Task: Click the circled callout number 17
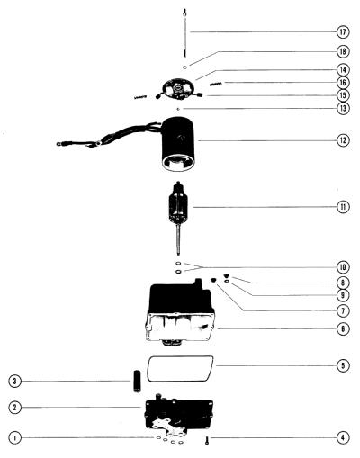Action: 343,32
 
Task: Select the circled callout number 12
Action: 343,140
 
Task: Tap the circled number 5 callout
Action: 343,365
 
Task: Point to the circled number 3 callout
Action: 15,382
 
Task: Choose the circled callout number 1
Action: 15,438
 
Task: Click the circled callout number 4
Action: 343,438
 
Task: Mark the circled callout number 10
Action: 343,267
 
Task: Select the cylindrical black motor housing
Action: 178,144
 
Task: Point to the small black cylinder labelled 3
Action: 137,381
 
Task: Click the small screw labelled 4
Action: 207,440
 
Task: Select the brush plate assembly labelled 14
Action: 178,89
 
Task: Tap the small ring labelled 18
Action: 185,67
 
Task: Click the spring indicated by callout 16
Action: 216,84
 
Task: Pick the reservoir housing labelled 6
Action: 180,312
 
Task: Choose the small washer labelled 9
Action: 227,281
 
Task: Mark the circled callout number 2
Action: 15,408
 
